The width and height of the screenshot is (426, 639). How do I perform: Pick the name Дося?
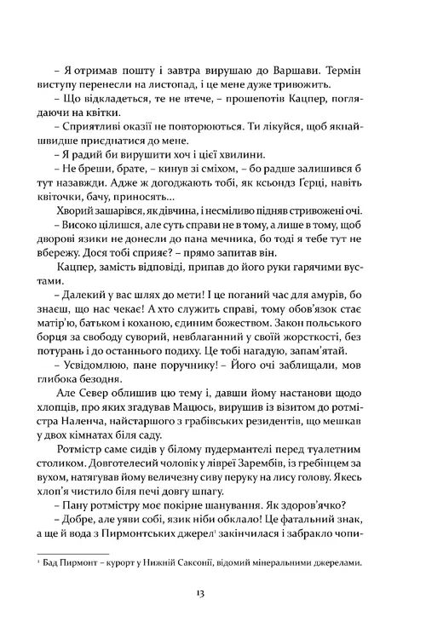click(108, 273)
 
